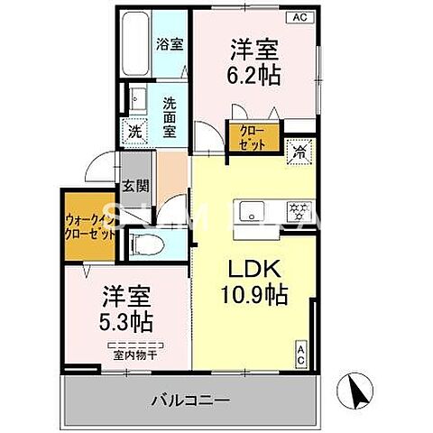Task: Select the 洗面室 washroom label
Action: click(x=169, y=116)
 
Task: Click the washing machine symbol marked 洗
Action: click(x=134, y=129)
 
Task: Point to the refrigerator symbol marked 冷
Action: click(x=299, y=153)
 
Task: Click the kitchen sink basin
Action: click(x=250, y=213)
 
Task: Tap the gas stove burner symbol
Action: click(x=298, y=213)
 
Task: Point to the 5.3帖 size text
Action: click(x=126, y=320)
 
